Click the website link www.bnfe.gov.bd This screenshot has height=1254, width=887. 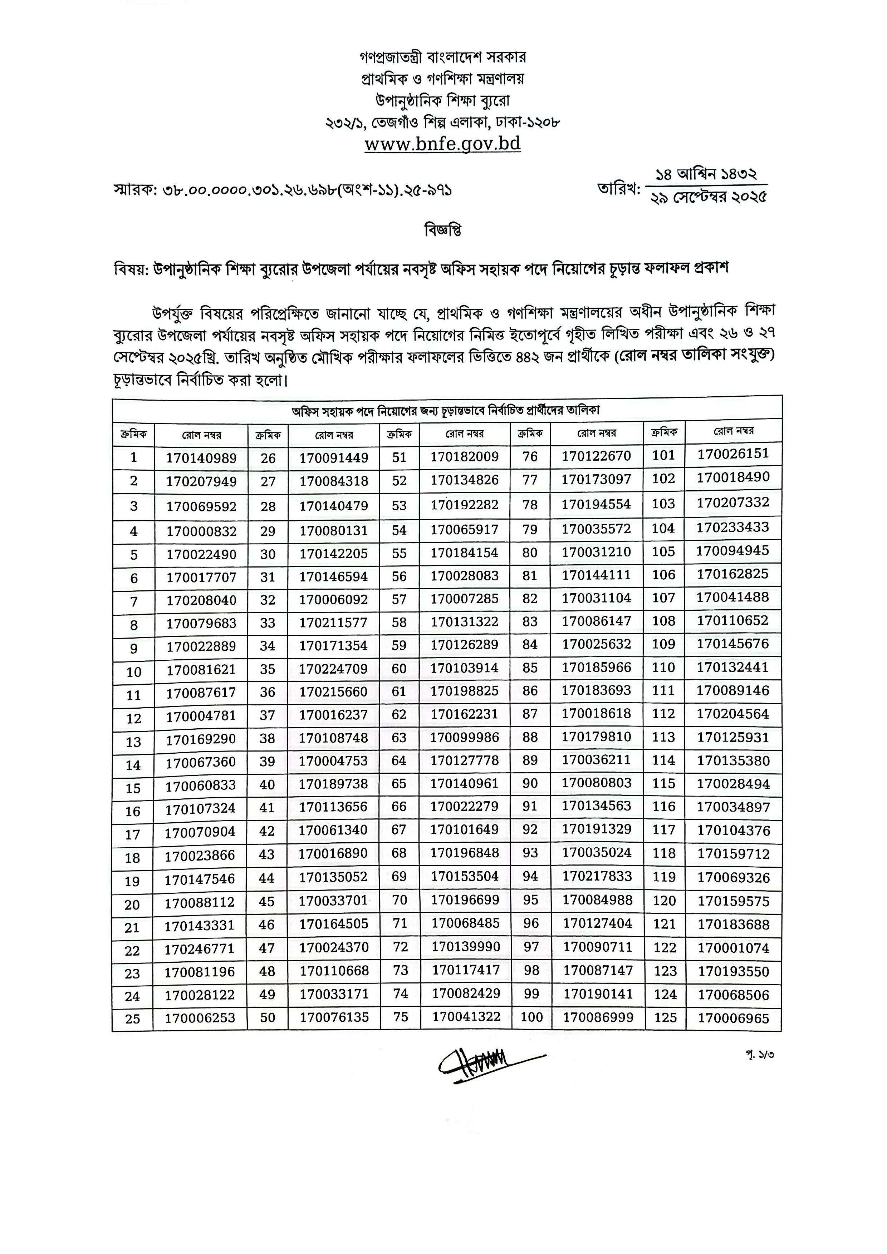pyautogui.click(x=443, y=144)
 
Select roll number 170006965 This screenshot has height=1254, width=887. pyautogui.click(x=734, y=1018)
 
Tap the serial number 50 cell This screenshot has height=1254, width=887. pyautogui.click(x=267, y=1017)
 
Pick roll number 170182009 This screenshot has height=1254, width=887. pyautogui.click(x=465, y=457)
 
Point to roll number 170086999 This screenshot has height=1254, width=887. pyautogui.click(x=598, y=1017)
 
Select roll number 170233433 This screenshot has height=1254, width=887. pyautogui.click(x=733, y=527)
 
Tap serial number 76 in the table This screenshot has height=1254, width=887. pyautogui.click(x=530, y=457)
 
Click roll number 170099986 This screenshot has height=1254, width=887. pyautogui.click(x=465, y=737)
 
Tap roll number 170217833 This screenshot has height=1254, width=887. pyautogui.click(x=597, y=876)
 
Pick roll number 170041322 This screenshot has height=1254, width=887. pyautogui.click(x=466, y=1016)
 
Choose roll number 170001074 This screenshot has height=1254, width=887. pyautogui.click(x=734, y=948)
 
